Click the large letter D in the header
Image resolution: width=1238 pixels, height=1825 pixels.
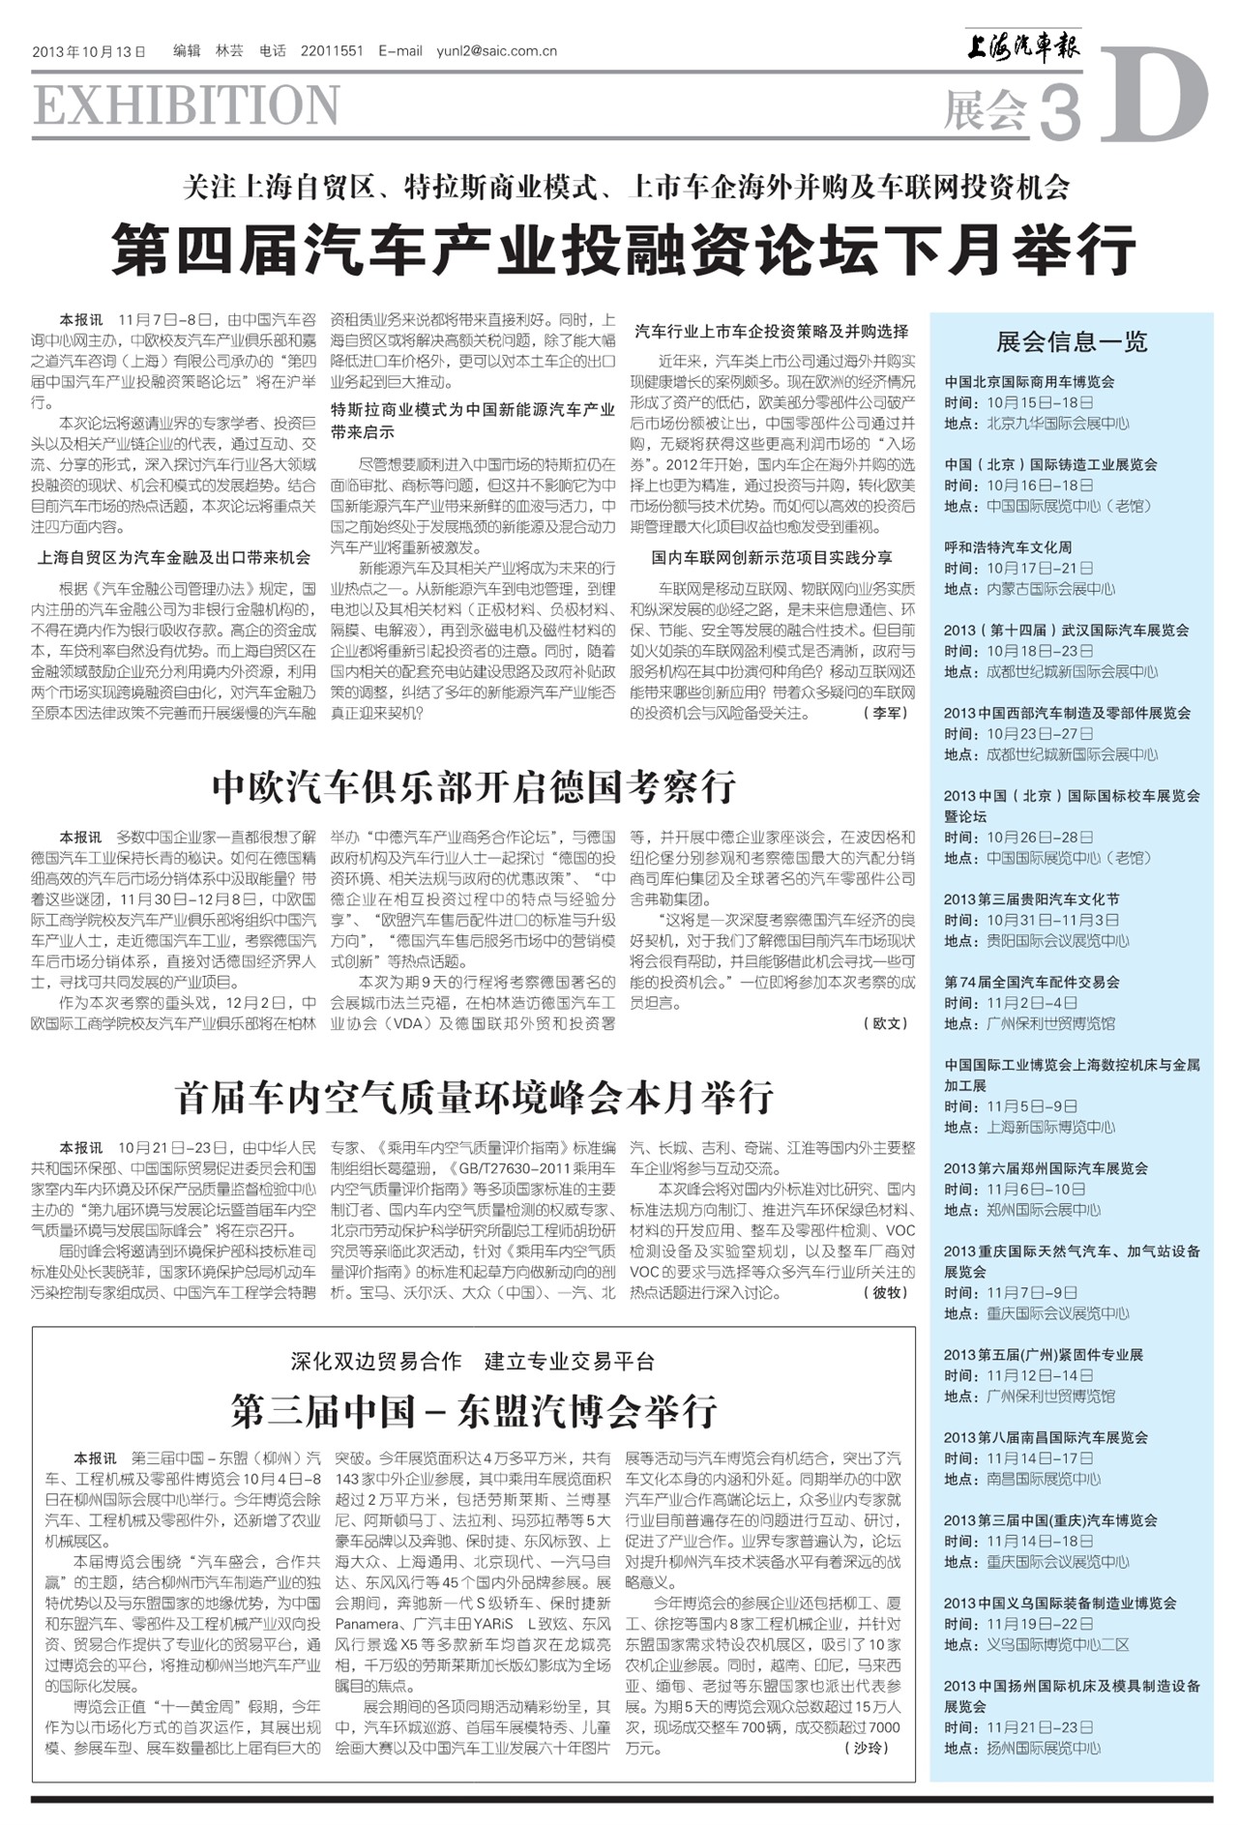click(1154, 95)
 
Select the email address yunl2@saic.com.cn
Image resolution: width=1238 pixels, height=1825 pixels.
click(496, 51)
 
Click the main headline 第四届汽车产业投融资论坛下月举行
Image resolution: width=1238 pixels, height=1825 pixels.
click(624, 249)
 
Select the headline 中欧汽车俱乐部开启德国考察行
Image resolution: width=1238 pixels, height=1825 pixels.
click(474, 787)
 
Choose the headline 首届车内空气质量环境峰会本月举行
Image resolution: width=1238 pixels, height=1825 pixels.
click(474, 1098)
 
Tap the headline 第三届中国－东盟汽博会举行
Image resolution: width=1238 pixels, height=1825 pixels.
click(474, 1411)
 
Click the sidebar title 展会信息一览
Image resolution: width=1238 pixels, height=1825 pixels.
click(1072, 341)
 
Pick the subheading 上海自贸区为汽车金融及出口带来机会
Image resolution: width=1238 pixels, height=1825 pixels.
click(174, 557)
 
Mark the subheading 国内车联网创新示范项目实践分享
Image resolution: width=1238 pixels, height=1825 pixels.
click(772, 557)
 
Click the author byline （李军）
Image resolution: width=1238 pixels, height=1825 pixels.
click(885, 713)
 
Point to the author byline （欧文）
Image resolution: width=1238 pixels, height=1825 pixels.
click(885, 1023)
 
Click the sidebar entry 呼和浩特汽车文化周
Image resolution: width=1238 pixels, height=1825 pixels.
click(1008, 547)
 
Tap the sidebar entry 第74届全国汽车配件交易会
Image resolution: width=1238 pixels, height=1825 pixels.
click(1032, 982)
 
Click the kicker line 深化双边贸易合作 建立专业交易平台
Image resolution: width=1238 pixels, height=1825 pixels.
click(474, 1362)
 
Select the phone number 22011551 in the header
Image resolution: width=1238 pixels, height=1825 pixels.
click(332, 51)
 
